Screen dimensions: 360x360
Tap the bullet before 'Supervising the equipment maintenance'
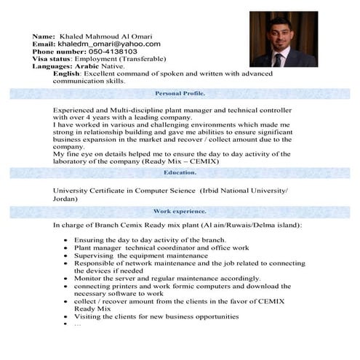tap(66, 256)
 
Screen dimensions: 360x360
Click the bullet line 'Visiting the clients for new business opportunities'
tap(156, 316)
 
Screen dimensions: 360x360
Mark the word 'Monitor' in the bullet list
tap(87, 278)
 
